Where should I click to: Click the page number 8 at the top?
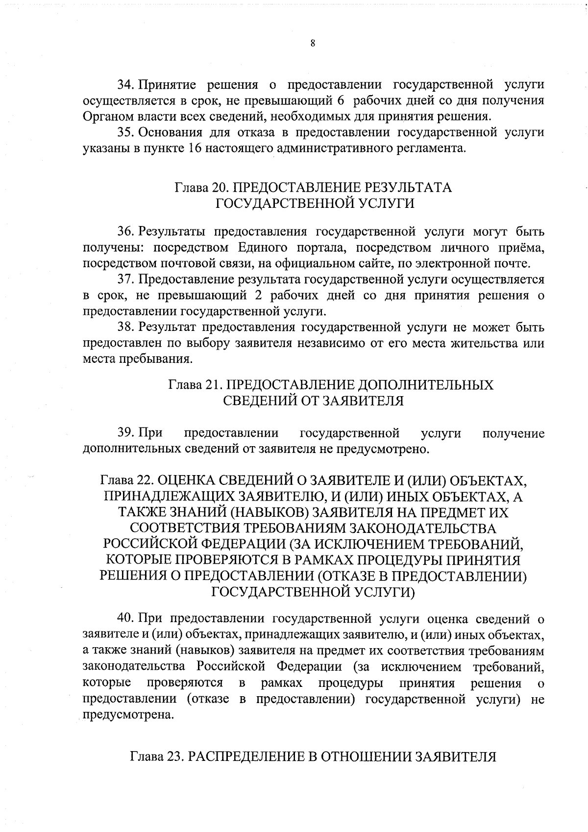[x=313, y=43]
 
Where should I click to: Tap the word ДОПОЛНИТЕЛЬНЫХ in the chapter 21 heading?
[x=426, y=384]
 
